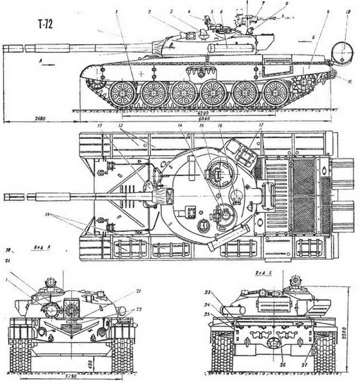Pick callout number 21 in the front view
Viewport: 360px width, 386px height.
pos(138,291)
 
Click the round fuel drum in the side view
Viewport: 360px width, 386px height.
pos(343,53)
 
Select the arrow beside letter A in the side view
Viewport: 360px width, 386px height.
pos(51,64)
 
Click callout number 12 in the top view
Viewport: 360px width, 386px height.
pos(100,124)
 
